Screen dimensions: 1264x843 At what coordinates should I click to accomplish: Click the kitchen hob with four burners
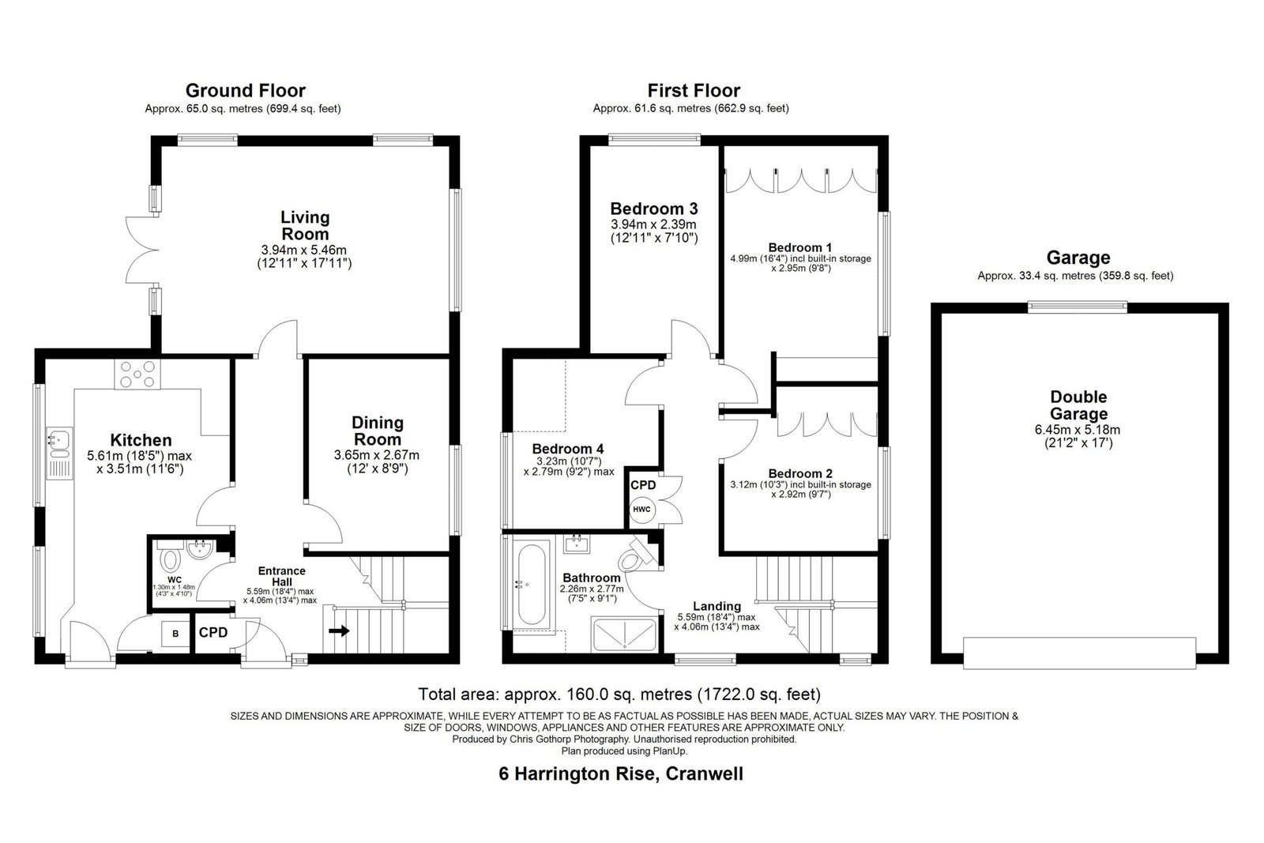[137, 374]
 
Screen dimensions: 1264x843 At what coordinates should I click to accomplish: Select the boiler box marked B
[175, 634]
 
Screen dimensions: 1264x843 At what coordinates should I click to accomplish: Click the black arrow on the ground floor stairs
[339, 630]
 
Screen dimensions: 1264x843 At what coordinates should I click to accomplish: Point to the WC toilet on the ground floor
[169, 558]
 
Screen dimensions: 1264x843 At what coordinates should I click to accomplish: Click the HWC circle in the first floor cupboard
[641, 510]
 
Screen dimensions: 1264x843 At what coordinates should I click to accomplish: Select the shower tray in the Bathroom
[625, 634]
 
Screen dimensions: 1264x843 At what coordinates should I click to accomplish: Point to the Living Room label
[305, 226]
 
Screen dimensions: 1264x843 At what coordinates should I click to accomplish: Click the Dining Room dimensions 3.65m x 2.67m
[376, 455]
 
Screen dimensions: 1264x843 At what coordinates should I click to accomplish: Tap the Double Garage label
[1078, 405]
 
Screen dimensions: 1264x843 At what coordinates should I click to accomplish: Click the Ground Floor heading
[246, 90]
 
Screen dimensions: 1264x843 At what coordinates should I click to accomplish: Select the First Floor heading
[694, 90]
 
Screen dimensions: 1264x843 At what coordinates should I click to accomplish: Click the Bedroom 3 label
[654, 209]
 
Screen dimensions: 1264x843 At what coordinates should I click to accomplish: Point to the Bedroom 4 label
[568, 449]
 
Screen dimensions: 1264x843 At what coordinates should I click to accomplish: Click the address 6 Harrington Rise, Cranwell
[621, 773]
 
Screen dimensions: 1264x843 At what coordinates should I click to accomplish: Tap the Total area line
[619, 694]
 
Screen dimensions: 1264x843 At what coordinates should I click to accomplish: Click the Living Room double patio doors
[141, 250]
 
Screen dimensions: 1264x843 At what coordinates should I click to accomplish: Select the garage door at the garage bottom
[1079, 653]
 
